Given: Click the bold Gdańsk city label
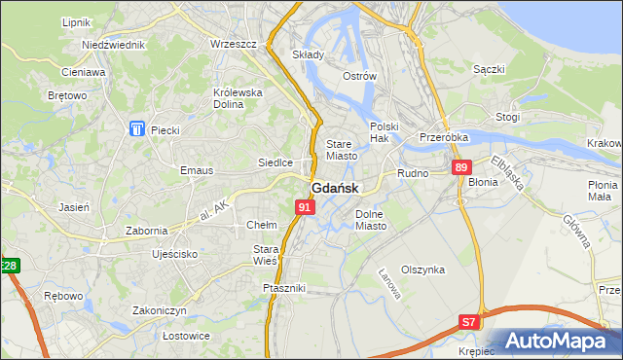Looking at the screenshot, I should pos(335,189).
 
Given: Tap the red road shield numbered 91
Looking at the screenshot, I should pos(305,207).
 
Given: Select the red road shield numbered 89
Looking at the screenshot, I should pos(461,168).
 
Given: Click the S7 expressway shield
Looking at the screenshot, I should pos(470,321).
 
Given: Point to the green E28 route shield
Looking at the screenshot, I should pos(9,266).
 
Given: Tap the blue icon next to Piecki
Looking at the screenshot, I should pos(135,129).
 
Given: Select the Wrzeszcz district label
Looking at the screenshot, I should pos(233,45).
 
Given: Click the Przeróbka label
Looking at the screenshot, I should pos(444,138).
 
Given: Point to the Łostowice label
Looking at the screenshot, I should pos(160,336).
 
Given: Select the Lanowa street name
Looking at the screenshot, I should pos(389,281).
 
